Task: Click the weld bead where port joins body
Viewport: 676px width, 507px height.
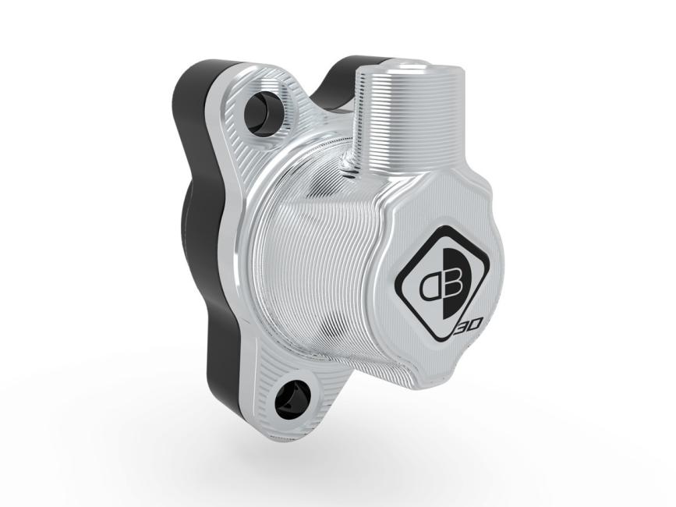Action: pos(351,167)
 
